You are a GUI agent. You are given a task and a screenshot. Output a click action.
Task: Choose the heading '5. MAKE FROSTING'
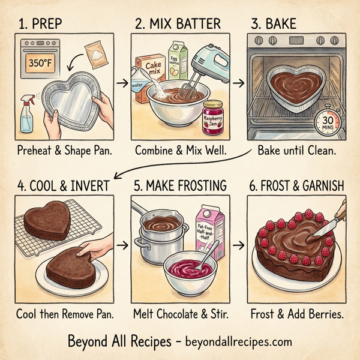[x=179, y=186]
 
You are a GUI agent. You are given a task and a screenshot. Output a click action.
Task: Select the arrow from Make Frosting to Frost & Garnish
[x=239, y=245]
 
